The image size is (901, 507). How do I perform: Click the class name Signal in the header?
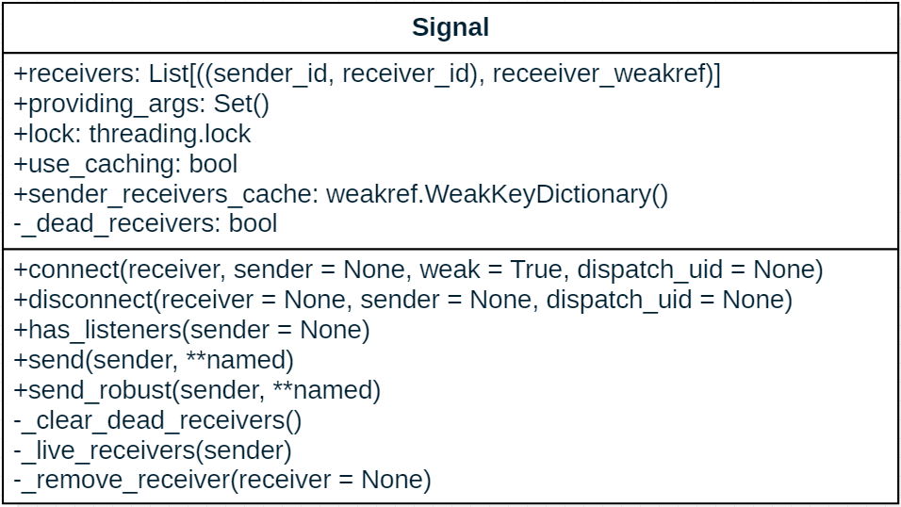tap(450, 27)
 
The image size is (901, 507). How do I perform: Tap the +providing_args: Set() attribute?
tap(141, 104)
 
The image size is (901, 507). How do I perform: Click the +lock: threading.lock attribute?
tap(132, 134)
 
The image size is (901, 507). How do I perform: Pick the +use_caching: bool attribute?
tap(125, 164)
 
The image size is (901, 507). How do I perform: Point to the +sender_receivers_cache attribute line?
tap(340, 194)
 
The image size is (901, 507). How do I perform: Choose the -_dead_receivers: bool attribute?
tap(145, 223)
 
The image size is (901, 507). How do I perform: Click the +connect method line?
tap(418, 270)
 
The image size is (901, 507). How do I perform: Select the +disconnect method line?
tap(403, 300)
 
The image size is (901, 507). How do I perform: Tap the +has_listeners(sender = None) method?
tap(191, 330)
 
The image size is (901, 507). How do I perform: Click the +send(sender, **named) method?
tap(154, 360)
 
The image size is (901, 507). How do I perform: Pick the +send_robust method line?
tap(197, 390)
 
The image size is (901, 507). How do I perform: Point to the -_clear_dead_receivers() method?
tap(157, 420)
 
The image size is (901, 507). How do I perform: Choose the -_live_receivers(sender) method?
tap(153, 450)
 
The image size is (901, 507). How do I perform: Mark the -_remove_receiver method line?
tap(222, 481)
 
